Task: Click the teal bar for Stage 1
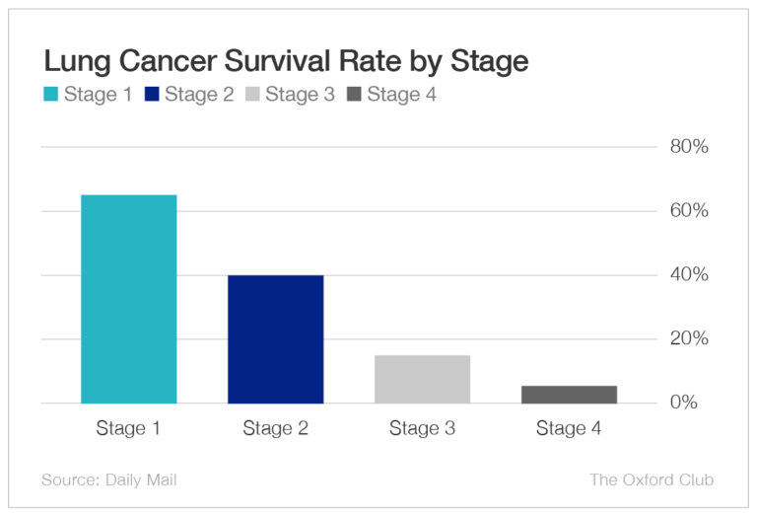pos(128,299)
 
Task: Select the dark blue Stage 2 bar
pos(275,338)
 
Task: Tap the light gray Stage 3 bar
pos(422,379)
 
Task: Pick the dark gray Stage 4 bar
pos(569,395)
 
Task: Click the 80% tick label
pos(690,147)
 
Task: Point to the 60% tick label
pos(690,211)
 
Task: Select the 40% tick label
pos(690,274)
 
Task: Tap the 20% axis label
pos(690,338)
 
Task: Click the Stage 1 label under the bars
pos(128,428)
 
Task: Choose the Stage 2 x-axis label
pos(275,428)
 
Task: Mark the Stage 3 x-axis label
pos(422,428)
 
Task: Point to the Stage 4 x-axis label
pos(569,428)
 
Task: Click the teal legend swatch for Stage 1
pos(50,95)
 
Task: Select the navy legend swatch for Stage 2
pos(151,95)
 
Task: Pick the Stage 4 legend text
pos(401,95)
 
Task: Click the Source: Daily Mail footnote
pos(109,480)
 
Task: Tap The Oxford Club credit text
pos(652,480)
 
